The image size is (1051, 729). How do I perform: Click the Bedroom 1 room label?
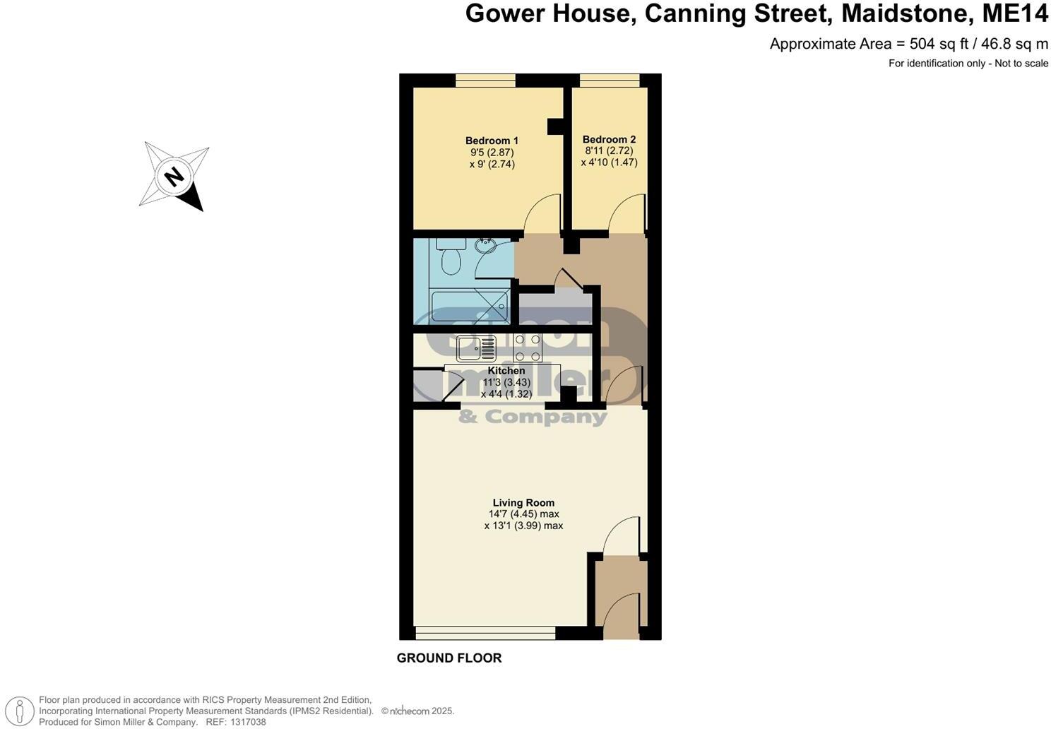tap(492, 141)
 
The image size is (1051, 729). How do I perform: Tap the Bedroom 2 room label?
tap(609, 139)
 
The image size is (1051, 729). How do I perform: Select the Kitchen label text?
tap(506, 371)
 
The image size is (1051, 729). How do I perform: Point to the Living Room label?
tap(523, 503)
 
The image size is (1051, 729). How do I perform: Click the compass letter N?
tap(174, 176)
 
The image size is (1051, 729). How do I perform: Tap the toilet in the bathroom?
tap(451, 260)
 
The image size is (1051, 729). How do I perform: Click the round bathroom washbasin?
tap(485, 247)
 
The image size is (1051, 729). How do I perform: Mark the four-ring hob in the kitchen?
tap(528, 348)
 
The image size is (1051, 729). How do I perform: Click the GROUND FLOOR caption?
tap(449, 658)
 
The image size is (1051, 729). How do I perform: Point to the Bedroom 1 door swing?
tap(542, 215)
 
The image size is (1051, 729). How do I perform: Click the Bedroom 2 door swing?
tap(627, 215)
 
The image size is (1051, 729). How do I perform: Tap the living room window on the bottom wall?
tap(485, 633)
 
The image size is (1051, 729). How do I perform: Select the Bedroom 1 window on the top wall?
tap(485, 81)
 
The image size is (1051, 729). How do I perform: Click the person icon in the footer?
tap(23, 711)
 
